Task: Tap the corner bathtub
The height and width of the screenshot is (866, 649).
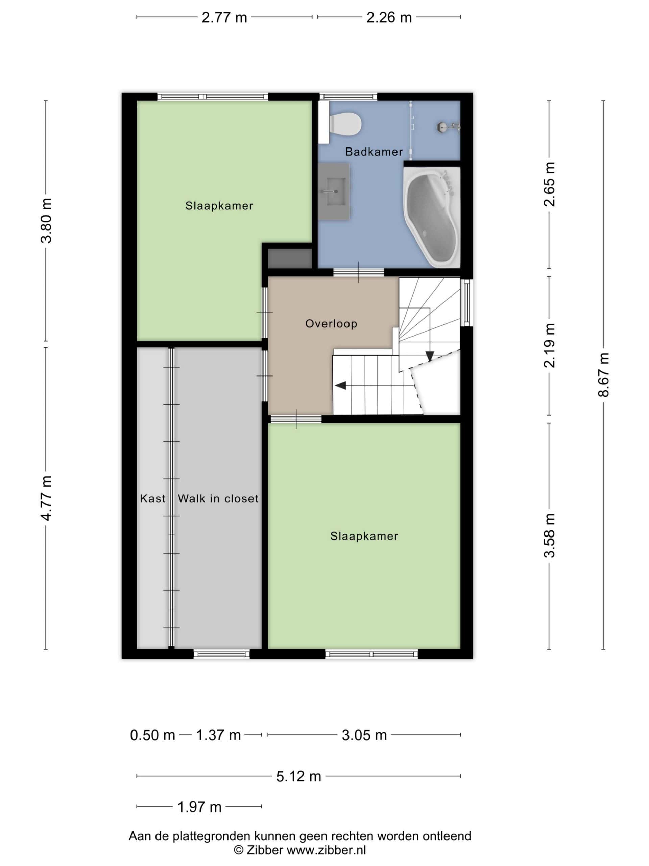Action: pos(432,217)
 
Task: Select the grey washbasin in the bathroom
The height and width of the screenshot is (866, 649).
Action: pos(334,192)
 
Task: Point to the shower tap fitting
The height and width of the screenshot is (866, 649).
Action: pos(448,127)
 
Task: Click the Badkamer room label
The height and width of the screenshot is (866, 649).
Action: pos(374,152)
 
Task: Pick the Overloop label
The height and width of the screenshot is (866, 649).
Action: pos(331,324)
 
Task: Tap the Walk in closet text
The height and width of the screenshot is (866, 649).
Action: pos(218,498)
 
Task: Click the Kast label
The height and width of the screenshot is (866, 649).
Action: pos(152,498)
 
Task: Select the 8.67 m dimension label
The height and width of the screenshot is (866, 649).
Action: pos(603,375)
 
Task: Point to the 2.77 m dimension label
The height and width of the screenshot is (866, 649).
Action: pos(224,17)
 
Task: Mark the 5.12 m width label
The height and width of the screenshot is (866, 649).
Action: pos(298,776)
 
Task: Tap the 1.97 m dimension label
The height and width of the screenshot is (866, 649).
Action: pos(199,807)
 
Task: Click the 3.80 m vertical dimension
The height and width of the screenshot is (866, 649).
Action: pos(46,221)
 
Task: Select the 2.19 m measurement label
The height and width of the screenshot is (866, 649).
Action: pos(549,345)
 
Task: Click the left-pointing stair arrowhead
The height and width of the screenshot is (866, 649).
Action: pos(340,385)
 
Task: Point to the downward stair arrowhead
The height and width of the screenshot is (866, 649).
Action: pos(430,356)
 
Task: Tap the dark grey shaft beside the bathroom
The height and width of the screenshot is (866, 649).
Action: pos(289,258)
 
